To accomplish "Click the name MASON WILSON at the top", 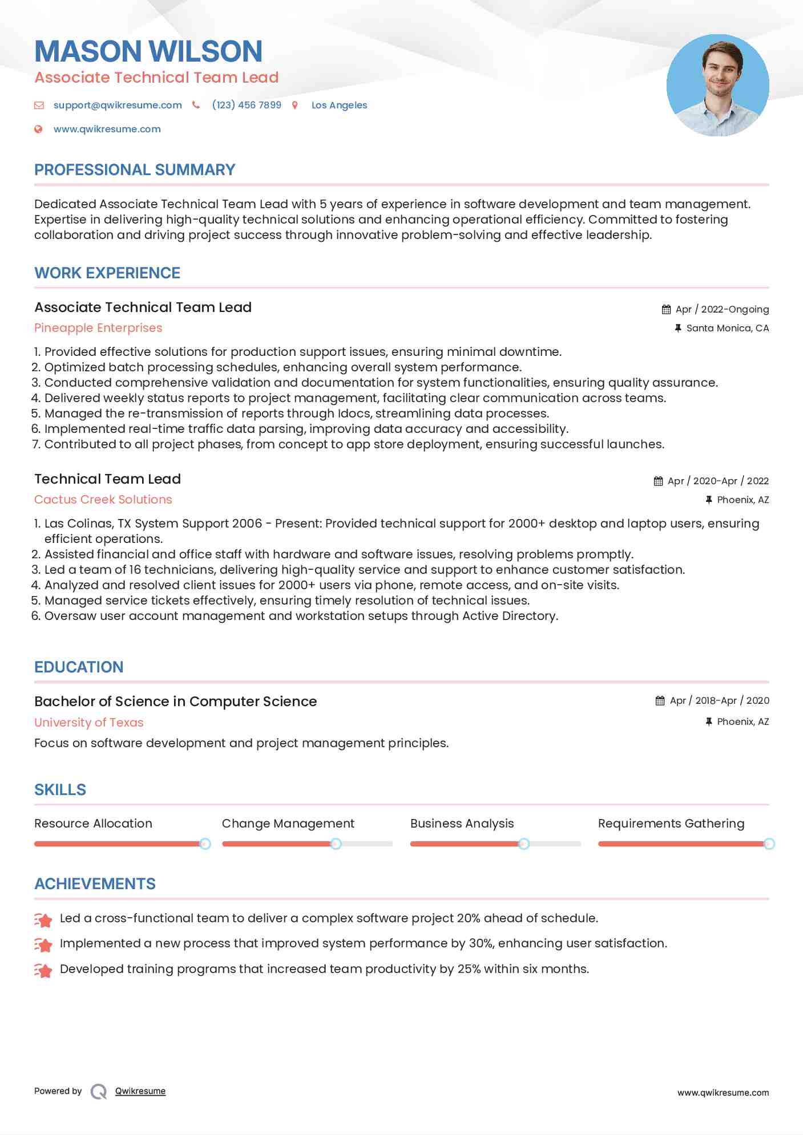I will (x=148, y=51).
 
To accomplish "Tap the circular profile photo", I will (x=717, y=86).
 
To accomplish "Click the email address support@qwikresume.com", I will (x=118, y=105).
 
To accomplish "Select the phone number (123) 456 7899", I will (x=247, y=105).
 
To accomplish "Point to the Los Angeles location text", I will (x=339, y=105).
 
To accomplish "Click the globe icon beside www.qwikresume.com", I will (x=38, y=129).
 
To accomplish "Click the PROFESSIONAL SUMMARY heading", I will (x=135, y=170).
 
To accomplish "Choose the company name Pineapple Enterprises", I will (x=98, y=328).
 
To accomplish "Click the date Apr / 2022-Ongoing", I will (x=722, y=309).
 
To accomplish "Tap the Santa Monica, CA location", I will (x=727, y=328).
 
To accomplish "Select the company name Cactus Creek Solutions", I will (x=103, y=500).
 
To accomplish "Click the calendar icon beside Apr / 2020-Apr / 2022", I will (x=658, y=481).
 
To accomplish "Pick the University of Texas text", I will (x=88, y=723).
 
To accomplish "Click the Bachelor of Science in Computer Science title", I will (x=175, y=702).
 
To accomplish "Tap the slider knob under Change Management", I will (x=336, y=844).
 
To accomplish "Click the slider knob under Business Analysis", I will (x=524, y=844).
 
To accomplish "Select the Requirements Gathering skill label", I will (x=671, y=824).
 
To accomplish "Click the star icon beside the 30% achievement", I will (x=43, y=945).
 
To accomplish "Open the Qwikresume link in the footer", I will (x=140, y=1091).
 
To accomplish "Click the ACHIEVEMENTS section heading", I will (x=95, y=884).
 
